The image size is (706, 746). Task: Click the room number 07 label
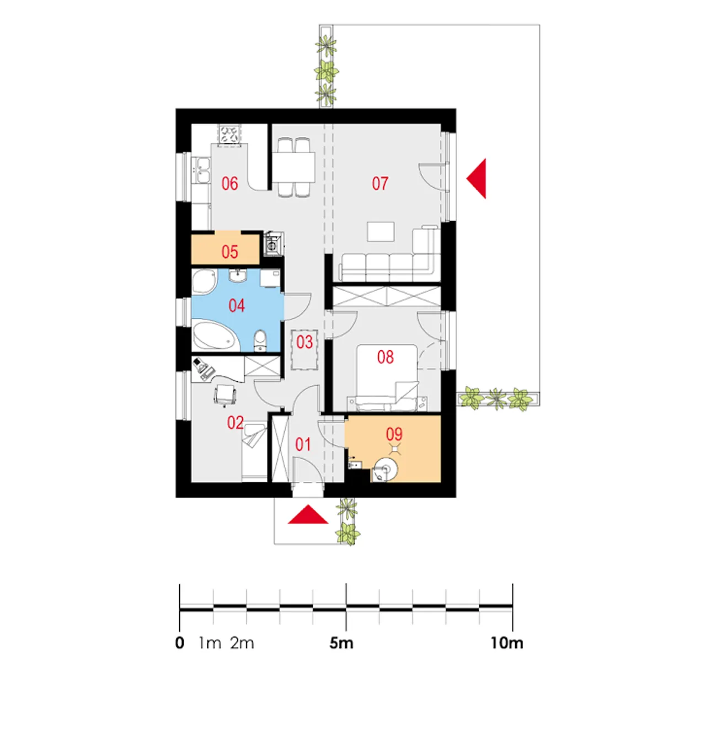(379, 183)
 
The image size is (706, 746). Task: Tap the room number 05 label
(229, 252)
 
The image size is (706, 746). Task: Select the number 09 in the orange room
(394, 434)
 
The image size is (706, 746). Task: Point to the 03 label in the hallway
(304, 342)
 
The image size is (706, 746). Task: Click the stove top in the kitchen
(229, 135)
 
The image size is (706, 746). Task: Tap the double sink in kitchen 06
(201, 170)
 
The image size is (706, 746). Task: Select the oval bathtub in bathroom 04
(216, 335)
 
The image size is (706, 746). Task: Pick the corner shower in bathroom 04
(204, 281)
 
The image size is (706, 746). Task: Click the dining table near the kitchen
(294, 167)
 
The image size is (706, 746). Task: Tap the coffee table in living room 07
(381, 232)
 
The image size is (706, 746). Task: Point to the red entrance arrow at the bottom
(308, 514)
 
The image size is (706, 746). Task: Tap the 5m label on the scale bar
(341, 643)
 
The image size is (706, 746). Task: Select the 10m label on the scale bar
(507, 643)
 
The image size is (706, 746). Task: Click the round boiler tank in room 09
(386, 470)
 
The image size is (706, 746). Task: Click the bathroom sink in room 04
(238, 275)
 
